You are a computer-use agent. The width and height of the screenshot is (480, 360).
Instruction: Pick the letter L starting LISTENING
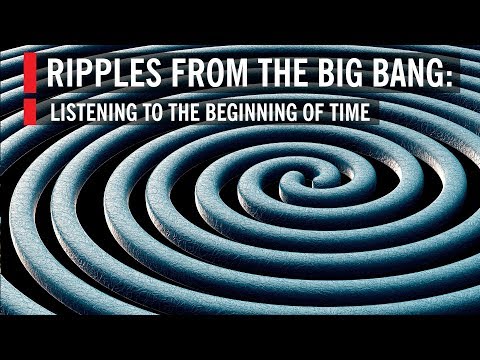coord(55,111)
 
